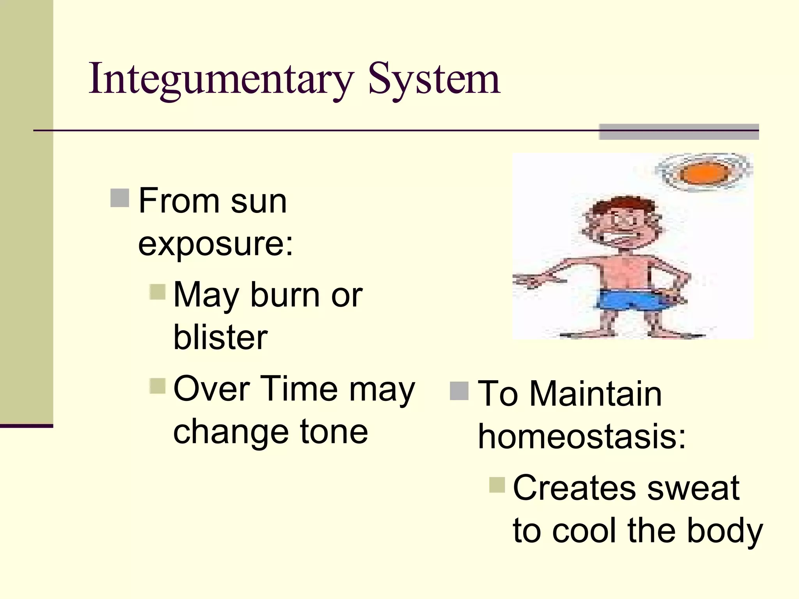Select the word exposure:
[215, 245]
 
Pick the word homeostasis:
[582, 436]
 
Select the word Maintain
[595, 394]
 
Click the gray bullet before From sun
[119, 198]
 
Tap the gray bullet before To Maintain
[459, 391]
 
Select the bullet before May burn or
[158, 291]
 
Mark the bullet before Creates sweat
[497, 485]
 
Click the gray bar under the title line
[679, 132]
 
